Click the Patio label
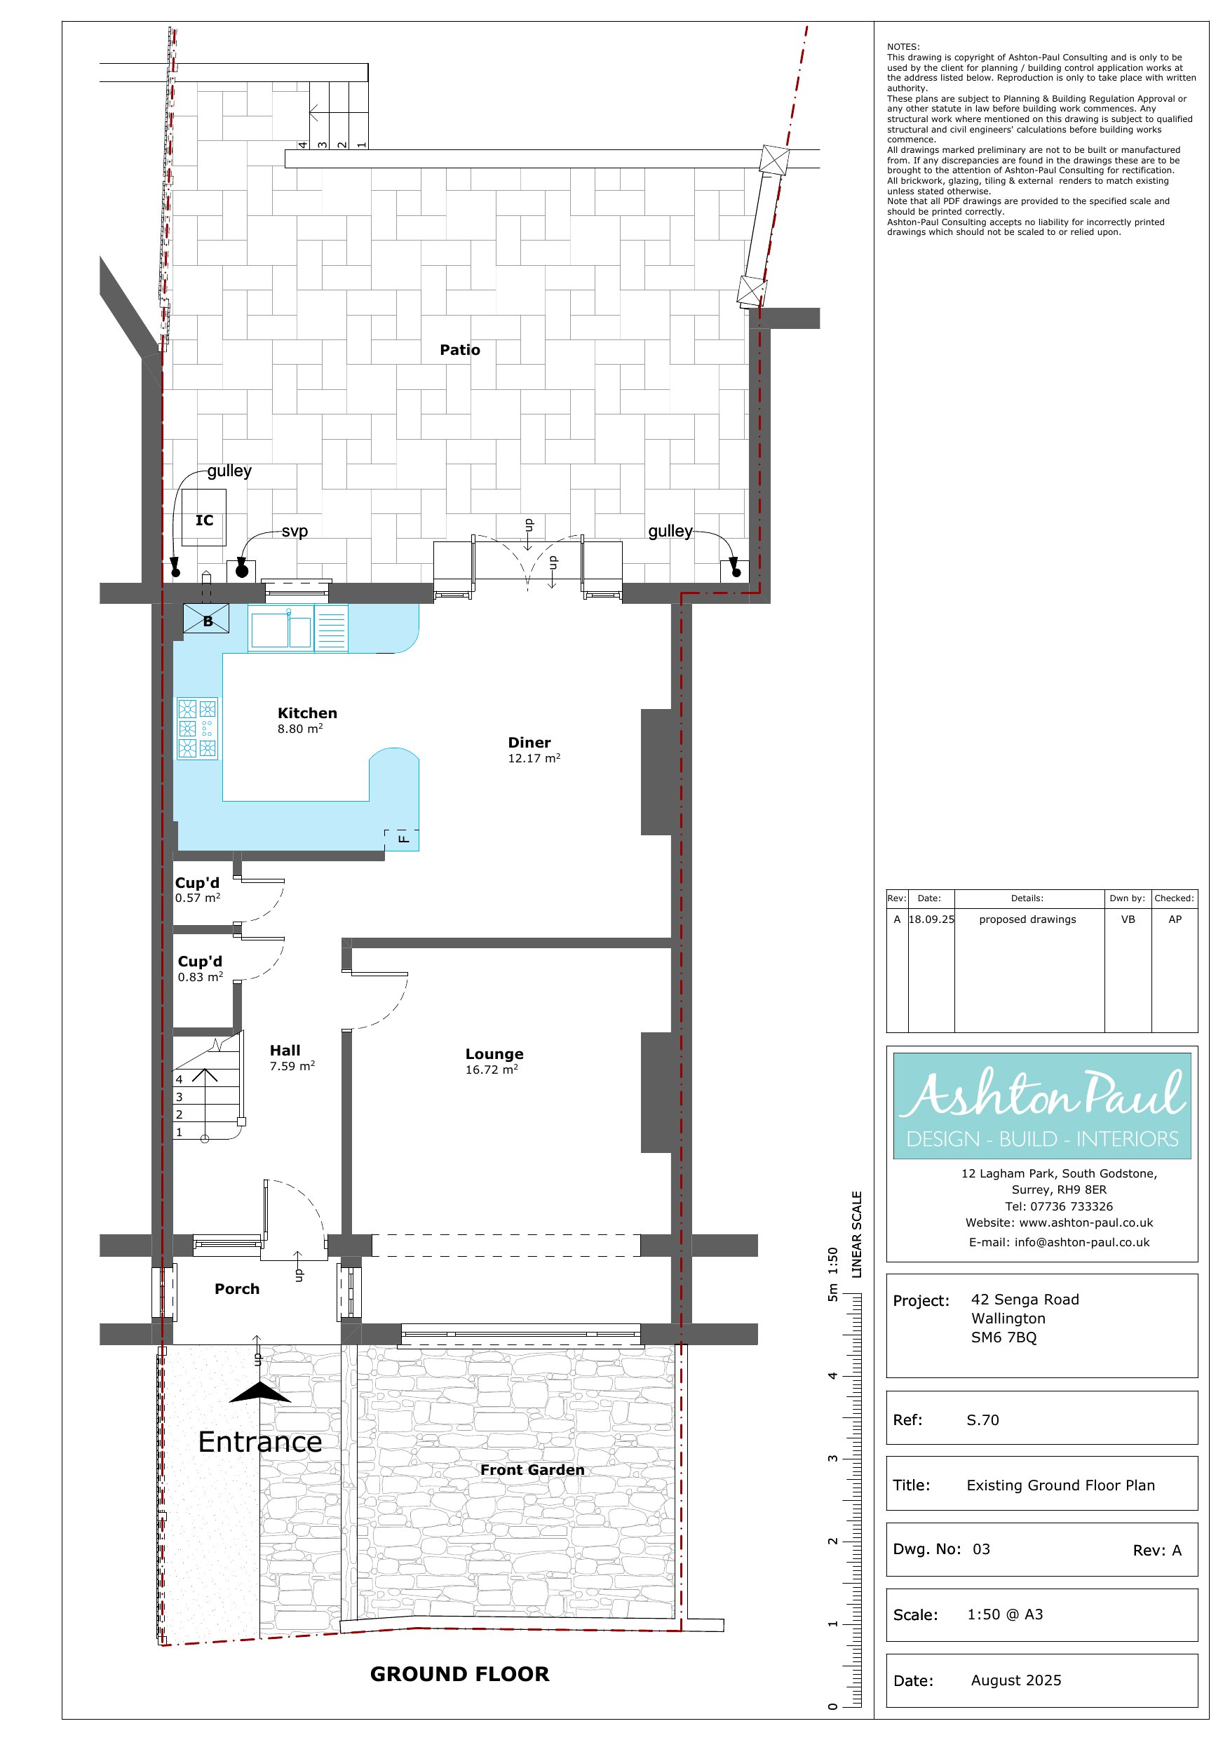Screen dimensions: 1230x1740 coord(459,350)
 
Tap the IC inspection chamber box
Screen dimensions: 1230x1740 coord(204,518)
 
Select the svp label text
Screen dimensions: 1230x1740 coord(295,531)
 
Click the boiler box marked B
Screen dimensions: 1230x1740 coord(206,619)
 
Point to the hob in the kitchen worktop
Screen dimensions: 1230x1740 coord(197,728)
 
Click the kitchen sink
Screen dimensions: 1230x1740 coord(281,630)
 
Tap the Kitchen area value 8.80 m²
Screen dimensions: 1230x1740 coord(300,729)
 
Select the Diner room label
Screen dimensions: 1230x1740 coord(529,743)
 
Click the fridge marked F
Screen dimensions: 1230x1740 coord(403,839)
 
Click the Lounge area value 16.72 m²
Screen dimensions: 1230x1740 coord(492,1070)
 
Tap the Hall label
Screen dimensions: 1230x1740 coord(285,1051)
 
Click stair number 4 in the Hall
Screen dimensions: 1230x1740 coord(179,1079)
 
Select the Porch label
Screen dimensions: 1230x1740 coord(236,1289)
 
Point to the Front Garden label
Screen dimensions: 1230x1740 coord(532,1470)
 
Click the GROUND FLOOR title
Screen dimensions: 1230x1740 coord(459,1674)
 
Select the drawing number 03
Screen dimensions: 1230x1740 coord(982,1549)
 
